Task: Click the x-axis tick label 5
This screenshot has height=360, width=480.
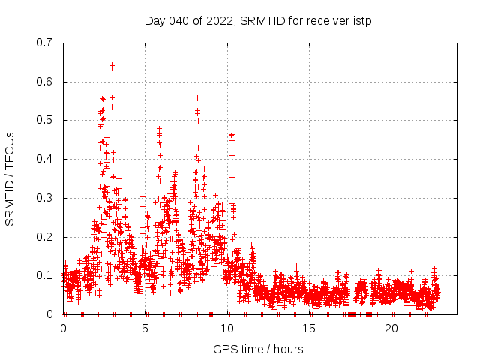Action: [145, 328]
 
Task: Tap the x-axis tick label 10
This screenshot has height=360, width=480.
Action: [227, 328]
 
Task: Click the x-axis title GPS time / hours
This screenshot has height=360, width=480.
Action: [258, 349]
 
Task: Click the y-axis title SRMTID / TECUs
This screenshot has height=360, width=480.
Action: [10, 178]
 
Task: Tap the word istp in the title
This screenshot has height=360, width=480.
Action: [360, 20]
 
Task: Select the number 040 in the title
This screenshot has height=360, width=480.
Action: [176, 20]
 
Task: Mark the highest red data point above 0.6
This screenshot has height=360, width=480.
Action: [112, 65]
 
